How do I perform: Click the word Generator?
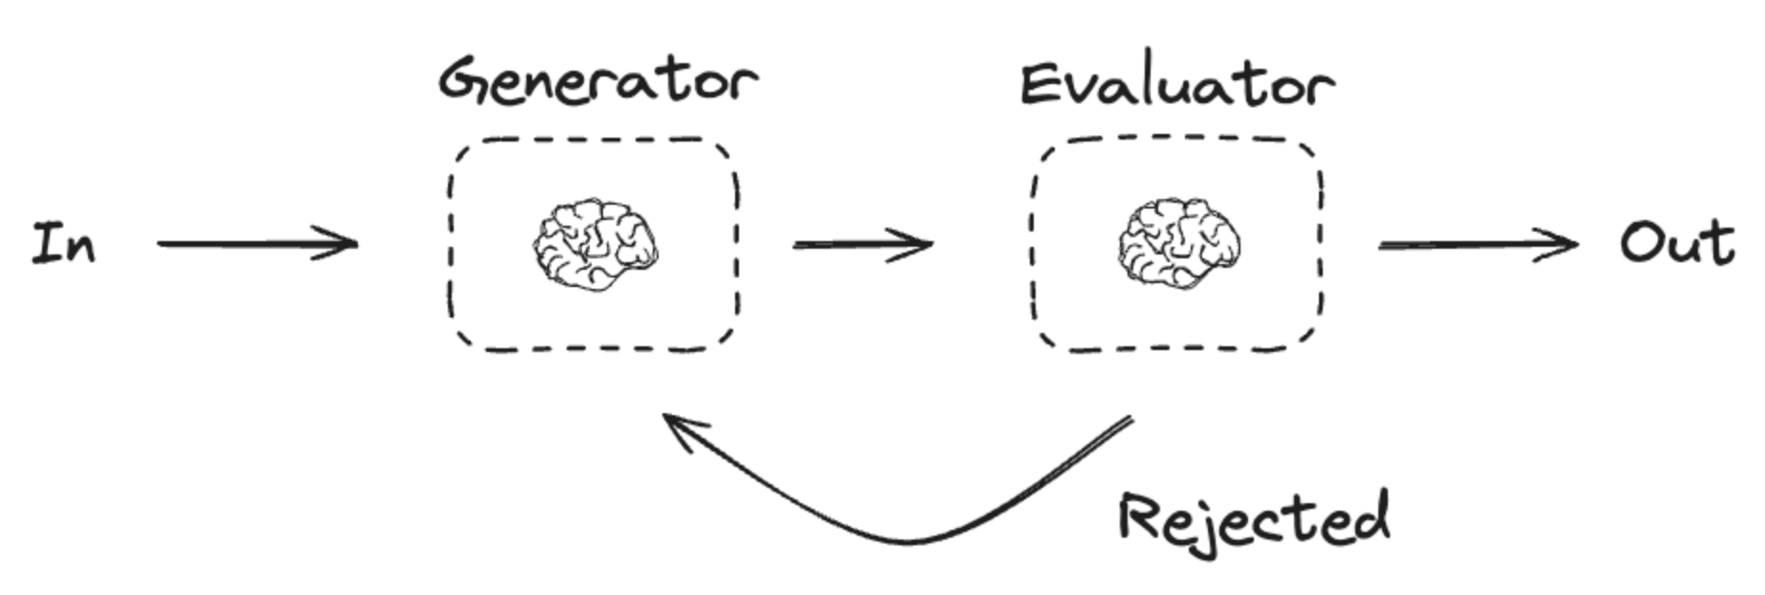(598, 80)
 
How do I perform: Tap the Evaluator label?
(1176, 84)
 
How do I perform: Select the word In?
(64, 243)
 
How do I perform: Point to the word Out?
(1677, 243)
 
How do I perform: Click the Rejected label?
(1254, 519)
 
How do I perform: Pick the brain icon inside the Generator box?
(595, 244)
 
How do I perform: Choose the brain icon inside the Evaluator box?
(1179, 244)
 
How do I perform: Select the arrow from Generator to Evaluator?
(861, 245)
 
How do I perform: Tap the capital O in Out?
(1642, 243)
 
